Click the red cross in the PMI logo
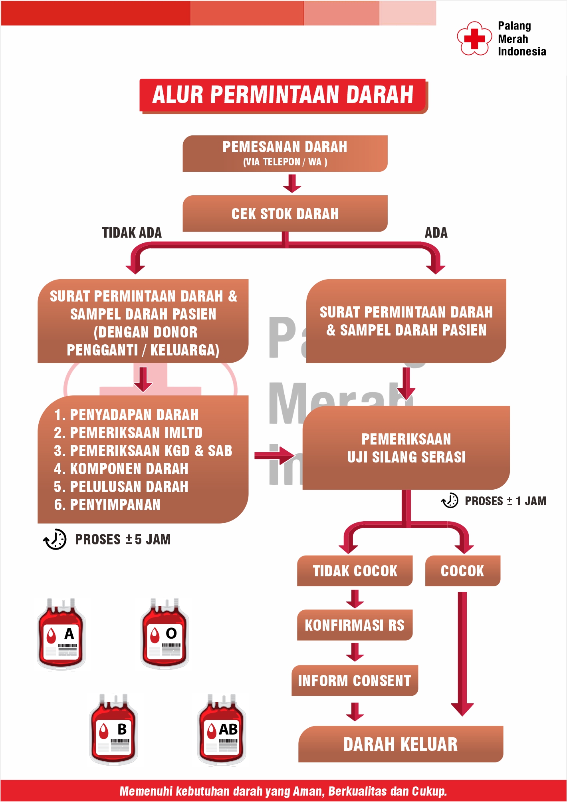pyautogui.click(x=474, y=38)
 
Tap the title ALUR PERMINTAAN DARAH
pyautogui.click(x=283, y=95)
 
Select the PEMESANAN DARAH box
pyautogui.click(x=285, y=153)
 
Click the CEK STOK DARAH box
pyautogui.click(x=285, y=214)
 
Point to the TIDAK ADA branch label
pyautogui.click(x=132, y=233)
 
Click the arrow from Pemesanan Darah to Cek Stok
pyautogui.click(x=292, y=184)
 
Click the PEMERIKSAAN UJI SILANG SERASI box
pyautogui.click(x=406, y=448)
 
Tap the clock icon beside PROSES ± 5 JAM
pyautogui.click(x=55, y=539)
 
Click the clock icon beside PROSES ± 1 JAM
pyautogui.click(x=450, y=500)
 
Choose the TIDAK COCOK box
pyautogui.click(x=355, y=571)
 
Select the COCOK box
pyautogui.click(x=462, y=571)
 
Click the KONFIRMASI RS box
pyautogui.click(x=355, y=625)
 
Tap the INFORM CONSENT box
pyautogui.click(x=355, y=681)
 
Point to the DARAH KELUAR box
pyautogui.click(x=400, y=744)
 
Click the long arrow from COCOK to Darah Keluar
pyautogui.click(x=462, y=655)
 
